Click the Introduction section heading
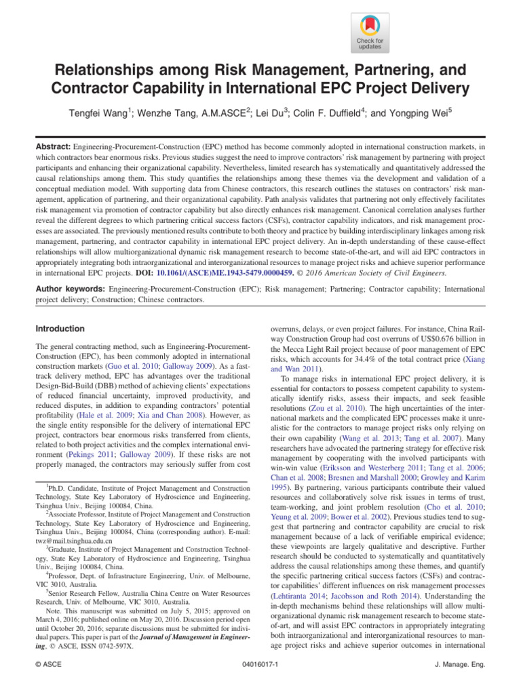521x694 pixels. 60,329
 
